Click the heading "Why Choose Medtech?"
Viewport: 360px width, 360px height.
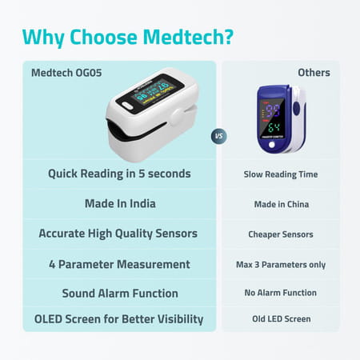pos(128,37)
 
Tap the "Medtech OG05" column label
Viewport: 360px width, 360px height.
pos(66,73)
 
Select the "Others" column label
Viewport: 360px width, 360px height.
pos(314,73)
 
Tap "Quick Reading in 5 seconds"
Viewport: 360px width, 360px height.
pos(119,174)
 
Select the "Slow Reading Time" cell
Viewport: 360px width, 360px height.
pos(280,174)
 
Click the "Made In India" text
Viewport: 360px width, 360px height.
pos(119,203)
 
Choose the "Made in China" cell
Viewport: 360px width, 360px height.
pos(280,204)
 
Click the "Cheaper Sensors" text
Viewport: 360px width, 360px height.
pos(280,234)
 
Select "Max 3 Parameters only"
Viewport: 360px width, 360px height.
pos(280,265)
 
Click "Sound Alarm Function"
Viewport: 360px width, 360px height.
pos(119,293)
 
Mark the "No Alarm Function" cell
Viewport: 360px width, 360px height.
pos(280,294)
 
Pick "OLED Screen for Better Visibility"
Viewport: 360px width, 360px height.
pos(119,319)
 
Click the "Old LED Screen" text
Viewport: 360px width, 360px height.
pos(280,319)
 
